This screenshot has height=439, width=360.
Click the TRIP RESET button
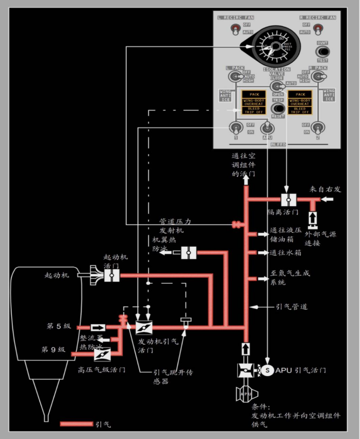[279, 109]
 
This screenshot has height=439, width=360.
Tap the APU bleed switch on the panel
[267, 127]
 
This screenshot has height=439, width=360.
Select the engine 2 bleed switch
[319, 127]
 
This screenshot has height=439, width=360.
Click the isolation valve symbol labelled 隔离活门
[287, 199]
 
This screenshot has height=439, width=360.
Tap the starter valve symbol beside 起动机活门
[111, 275]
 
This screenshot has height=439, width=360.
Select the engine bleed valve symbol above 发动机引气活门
[143, 327]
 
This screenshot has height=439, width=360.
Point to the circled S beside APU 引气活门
[267, 369]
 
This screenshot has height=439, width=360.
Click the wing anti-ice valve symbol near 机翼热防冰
[188, 252]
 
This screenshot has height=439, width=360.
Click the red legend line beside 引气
[76, 424]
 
